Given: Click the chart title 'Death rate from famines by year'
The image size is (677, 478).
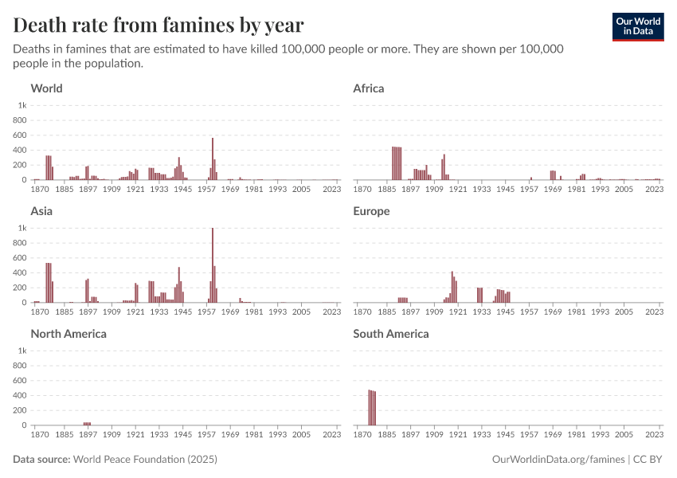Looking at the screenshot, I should point(158,24).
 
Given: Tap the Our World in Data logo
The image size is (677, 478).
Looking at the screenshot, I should point(637,26).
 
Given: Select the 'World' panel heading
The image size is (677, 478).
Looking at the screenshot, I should point(46,88).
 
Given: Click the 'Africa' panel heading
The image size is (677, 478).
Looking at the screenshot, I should point(368,88).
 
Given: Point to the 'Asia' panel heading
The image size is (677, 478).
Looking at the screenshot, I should point(43,211).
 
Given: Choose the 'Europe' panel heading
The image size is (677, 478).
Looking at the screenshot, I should point(371,211).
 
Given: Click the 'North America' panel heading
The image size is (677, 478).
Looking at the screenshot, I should point(68,334).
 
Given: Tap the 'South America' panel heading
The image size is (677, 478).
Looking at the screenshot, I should point(390,334).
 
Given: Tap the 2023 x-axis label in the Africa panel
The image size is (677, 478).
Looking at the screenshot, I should point(655,190).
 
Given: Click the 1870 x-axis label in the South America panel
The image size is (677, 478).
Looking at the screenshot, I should point(362,435).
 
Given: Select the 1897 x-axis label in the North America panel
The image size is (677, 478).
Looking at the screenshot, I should point(88,435).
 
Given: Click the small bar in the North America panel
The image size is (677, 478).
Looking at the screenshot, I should point(87,424).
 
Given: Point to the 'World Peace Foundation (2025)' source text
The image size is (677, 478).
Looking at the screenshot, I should point(145,460).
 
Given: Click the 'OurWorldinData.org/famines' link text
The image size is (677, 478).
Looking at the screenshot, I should point(559,460).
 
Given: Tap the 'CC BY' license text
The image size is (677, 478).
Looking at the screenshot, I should point(649,460).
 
